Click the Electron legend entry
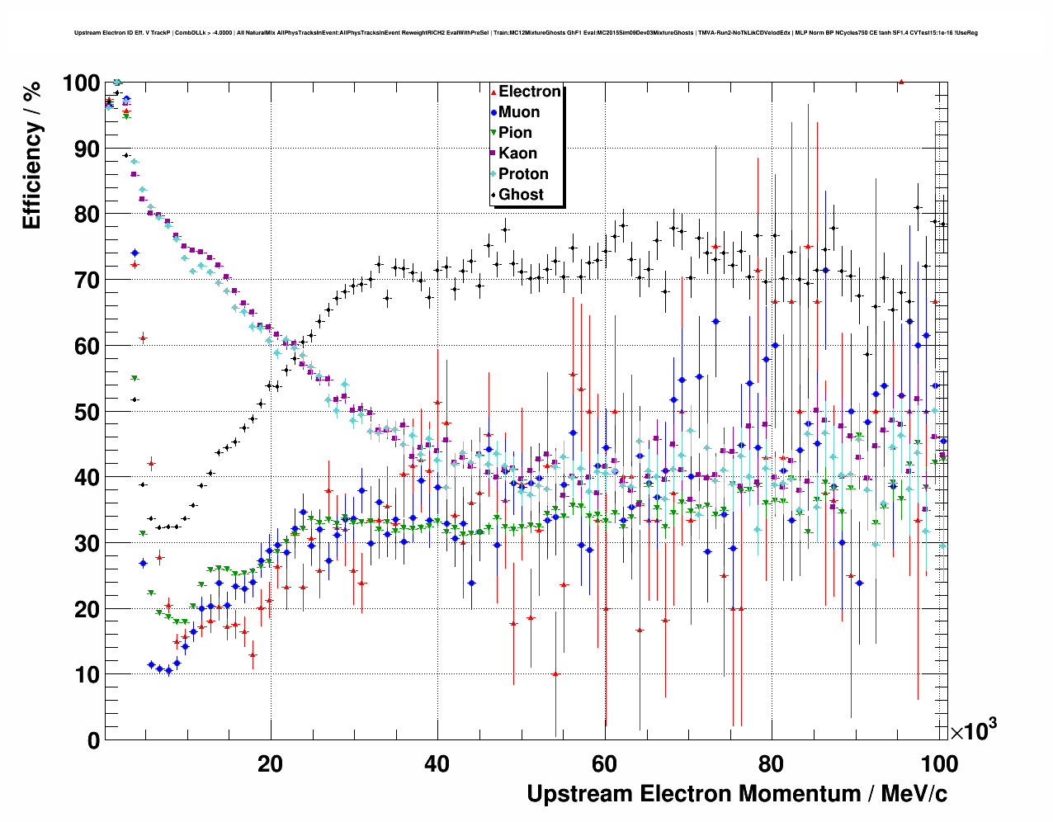[x=529, y=92]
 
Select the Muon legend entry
[x=519, y=112]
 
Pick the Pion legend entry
[x=515, y=133]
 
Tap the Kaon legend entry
[x=517, y=154]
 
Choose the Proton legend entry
[x=523, y=174]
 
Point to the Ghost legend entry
[x=521, y=195]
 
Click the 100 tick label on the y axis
[x=81, y=83]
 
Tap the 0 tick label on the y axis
[x=93, y=740]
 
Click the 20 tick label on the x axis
[x=270, y=763]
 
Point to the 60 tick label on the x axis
[x=605, y=763]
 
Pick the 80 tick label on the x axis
[x=772, y=763]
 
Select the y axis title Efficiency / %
[x=32, y=155]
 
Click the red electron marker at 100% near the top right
[x=901, y=82]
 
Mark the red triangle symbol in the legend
[x=493, y=92]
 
